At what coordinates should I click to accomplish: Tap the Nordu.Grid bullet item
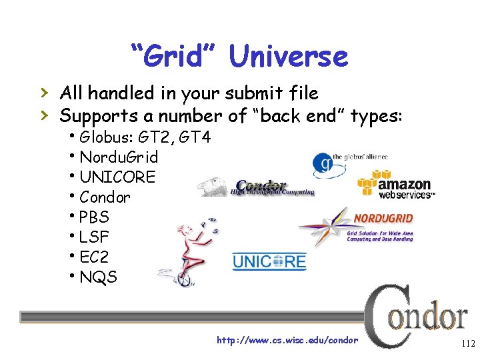(x=118, y=158)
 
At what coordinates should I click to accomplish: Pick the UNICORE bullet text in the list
(x=117, y=177)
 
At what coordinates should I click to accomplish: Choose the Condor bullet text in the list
(x=105, y=197)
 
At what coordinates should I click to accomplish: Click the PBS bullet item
(x=94, y=217)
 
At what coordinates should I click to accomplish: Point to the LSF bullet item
(x=94, y=237)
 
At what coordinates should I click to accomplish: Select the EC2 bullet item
(x=94, y=257)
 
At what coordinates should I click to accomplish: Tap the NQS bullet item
(x=97, y=277)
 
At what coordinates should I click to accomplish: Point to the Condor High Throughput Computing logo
(x=257, y=187)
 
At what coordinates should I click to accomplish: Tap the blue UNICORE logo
(x=269, y=261)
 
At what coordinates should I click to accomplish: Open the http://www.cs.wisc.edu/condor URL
(x=287, y=341)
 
